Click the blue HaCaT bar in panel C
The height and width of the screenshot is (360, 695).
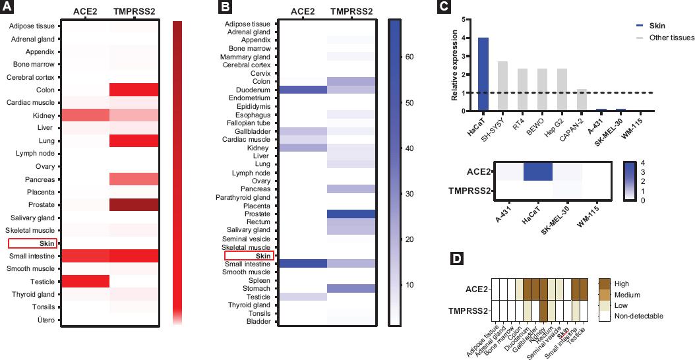click(483, 74)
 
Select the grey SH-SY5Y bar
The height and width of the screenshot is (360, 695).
click(502, 86)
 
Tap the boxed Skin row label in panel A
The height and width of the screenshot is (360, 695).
click(32, 244)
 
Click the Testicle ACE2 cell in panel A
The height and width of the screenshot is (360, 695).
click(85, 282)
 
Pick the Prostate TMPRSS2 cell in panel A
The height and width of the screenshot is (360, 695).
click(135, 205)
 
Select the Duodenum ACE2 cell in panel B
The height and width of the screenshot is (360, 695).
click(303, 90)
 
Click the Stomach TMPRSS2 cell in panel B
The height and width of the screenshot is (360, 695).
click(351, 287)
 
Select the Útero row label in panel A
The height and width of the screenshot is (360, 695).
click(45, 320)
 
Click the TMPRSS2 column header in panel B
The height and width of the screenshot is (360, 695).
click(351, 11)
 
